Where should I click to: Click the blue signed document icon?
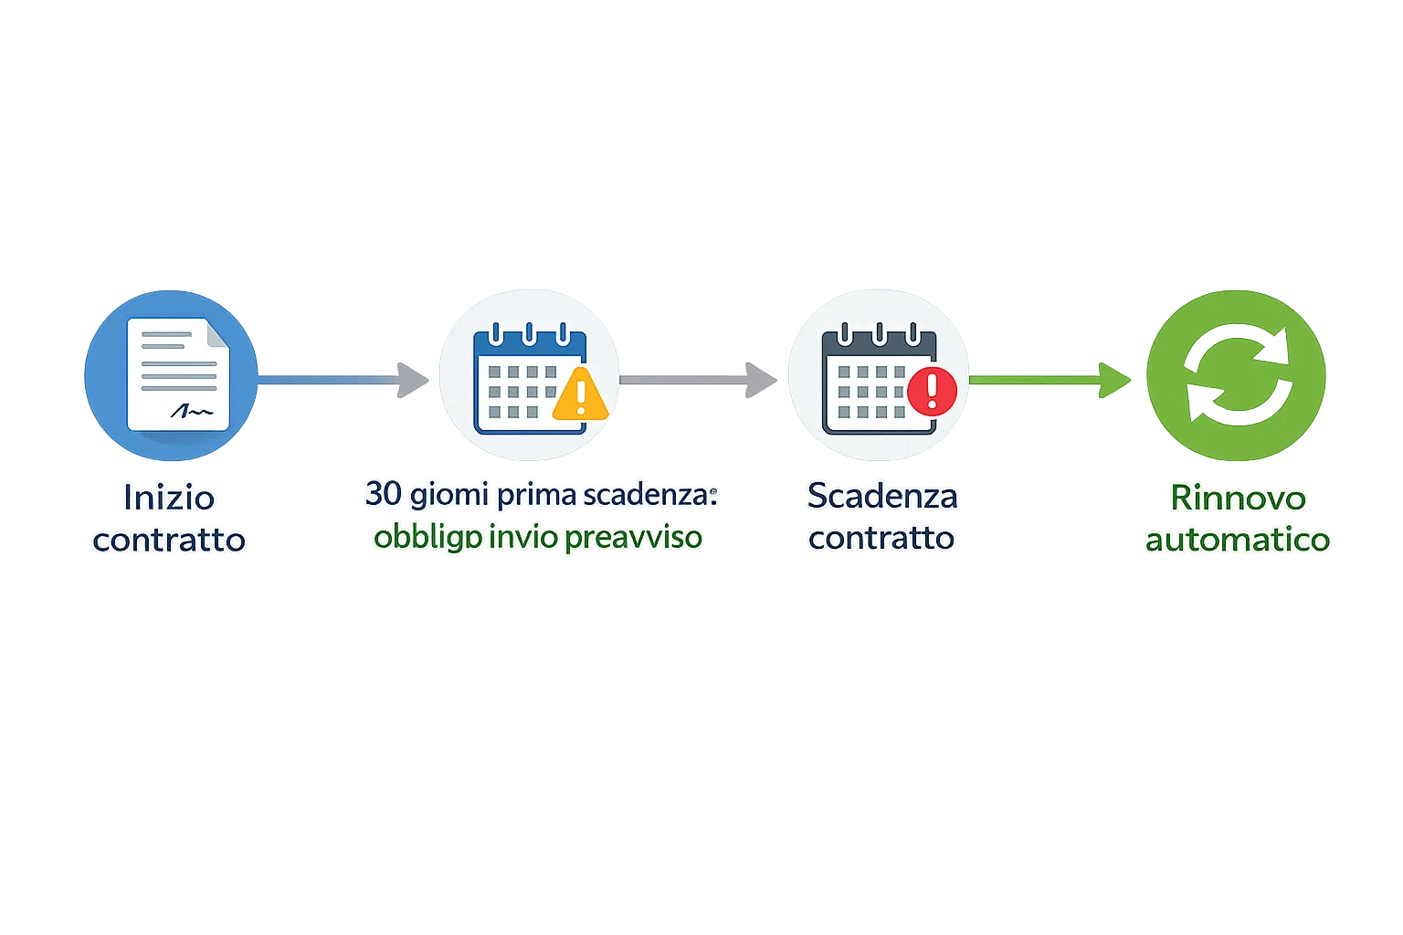pos(171,375)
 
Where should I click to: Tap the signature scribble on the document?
pos(191,412)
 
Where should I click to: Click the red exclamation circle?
pos(932,390)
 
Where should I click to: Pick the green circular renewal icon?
pos(1237,376)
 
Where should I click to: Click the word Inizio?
pos(169,498)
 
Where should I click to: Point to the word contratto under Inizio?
pos(169,540)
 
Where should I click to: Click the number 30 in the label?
pos(384,494)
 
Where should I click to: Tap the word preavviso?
pos(633,536)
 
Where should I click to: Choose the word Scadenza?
pos(882,496)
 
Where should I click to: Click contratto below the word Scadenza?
pos(881,538)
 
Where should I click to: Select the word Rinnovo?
pos(1238,498)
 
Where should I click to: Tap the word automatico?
pos(1238,540)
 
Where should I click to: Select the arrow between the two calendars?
pos(699,378)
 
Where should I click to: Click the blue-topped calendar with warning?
pos(530,379)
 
